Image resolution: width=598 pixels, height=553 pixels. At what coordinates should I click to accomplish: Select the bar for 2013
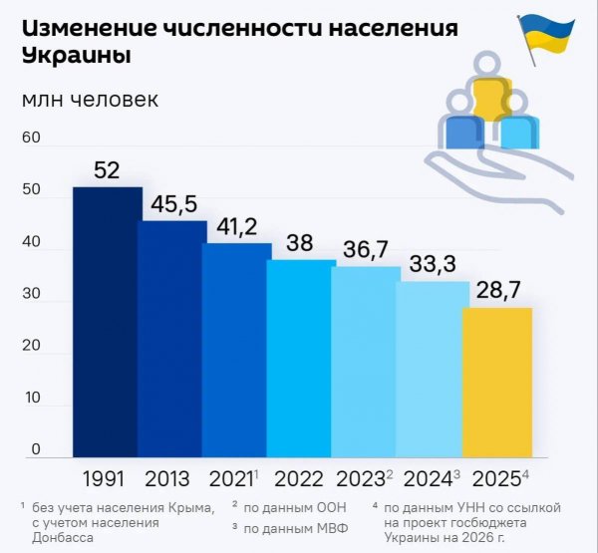tap(170, 339)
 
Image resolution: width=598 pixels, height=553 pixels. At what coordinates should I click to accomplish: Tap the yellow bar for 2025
tap(495, 383)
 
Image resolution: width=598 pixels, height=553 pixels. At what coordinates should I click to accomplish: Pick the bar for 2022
tap(300, 359)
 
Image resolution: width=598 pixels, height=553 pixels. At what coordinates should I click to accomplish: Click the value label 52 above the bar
tap(106, 170)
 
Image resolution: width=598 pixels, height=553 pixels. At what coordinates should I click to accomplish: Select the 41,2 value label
tap(236, 227)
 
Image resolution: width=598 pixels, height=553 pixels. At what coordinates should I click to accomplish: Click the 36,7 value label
tap(365, 250)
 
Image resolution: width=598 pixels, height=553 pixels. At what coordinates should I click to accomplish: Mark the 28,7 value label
tap(495, 291)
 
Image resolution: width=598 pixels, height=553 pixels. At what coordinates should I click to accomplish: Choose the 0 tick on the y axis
tap(35, 449)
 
